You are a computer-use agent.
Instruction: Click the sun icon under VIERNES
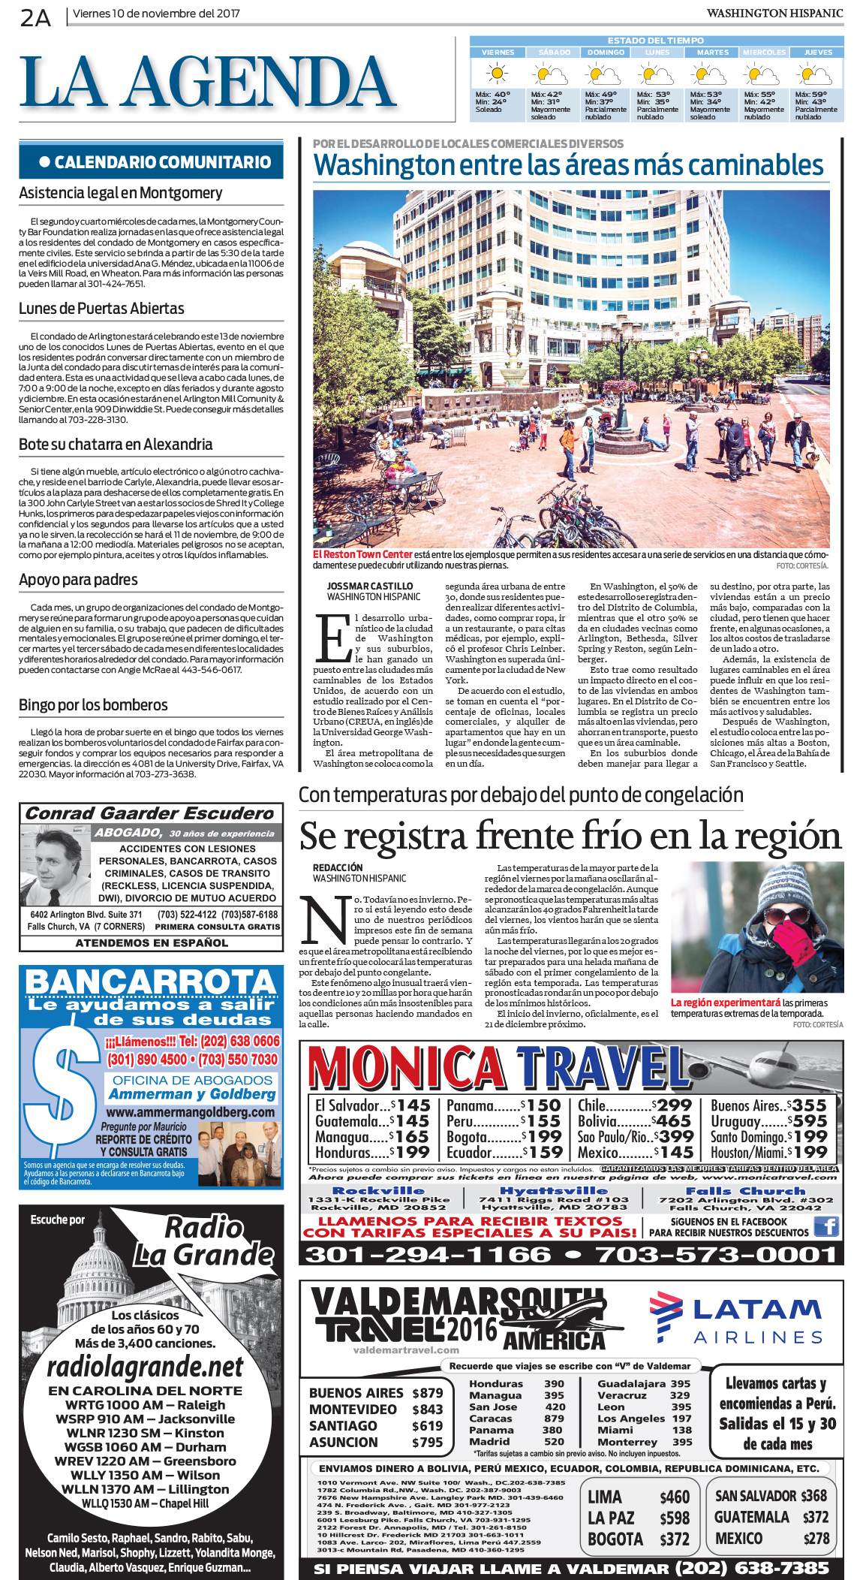pos(496,74)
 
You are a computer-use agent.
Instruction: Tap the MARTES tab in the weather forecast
pos(712,53)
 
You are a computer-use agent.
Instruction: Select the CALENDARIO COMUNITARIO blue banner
pos(152,162)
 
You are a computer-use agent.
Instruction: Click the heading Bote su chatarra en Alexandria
pos(116,444)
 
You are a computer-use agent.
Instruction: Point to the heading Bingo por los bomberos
pos(93,704)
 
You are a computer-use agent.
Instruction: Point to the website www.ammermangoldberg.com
pos(191,1111)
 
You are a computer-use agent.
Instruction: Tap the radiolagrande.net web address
pos(145,1366)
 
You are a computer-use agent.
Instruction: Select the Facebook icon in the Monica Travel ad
pos(826,1226)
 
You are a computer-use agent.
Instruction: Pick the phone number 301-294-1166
pos(428,1254)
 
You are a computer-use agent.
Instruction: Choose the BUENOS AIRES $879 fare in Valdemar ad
pos(375,1392)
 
